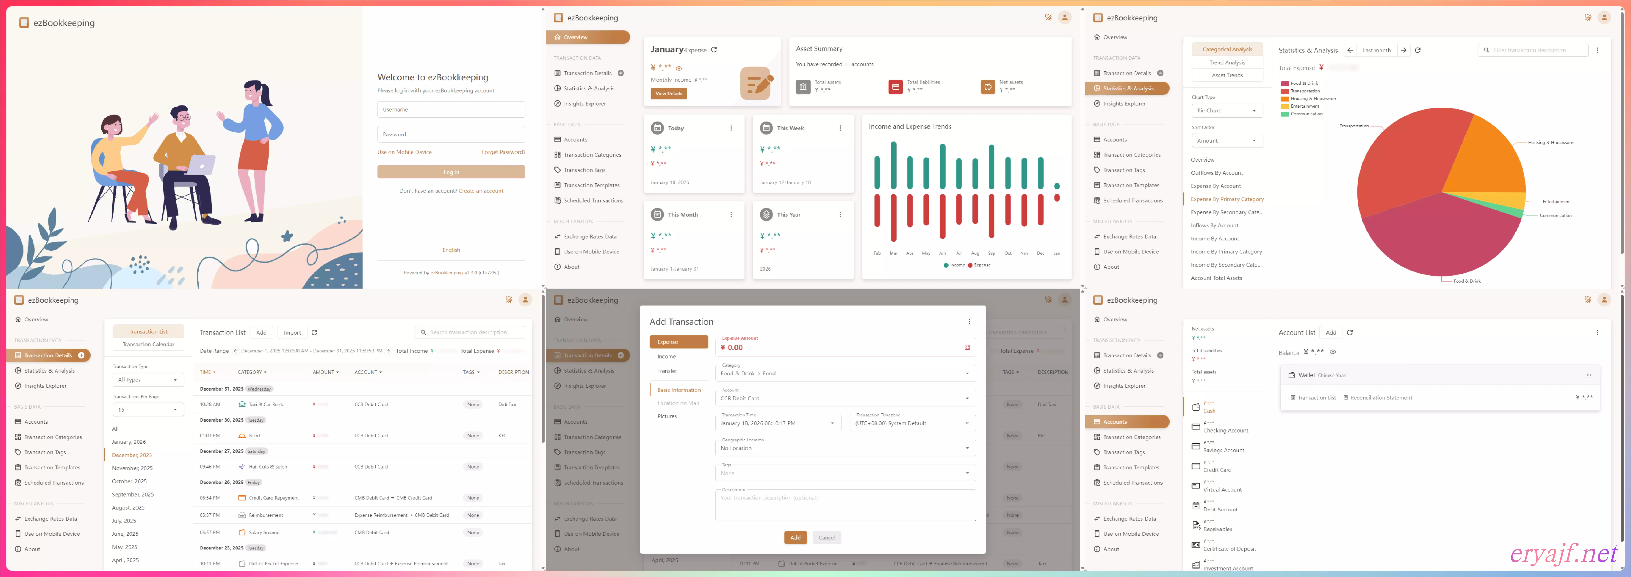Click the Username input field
point(451,110)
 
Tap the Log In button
point(451,172)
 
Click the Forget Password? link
point(503,152)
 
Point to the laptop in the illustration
point(201,165)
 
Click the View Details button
point(668,94)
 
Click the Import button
point(292,333)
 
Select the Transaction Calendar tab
point(148,345)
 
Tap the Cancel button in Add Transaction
point(826,538)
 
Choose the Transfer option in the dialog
point(667,371)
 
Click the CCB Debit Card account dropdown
point(845,398)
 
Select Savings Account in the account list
point(1223,450)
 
